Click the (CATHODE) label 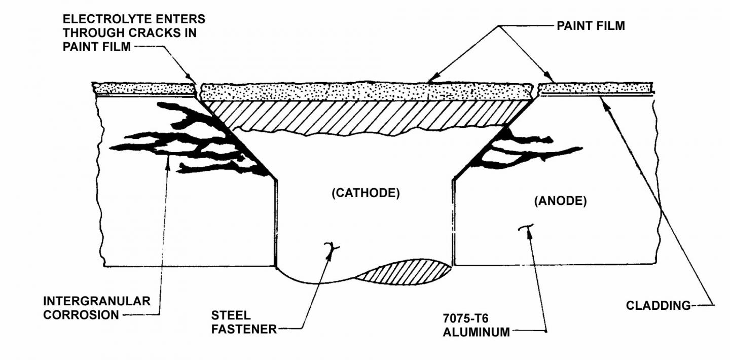pyautogui.click(x=366, y=193)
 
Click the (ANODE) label pyautogui.click(x=560, y=201)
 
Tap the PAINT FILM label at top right pyautogui.click(x=591, y=26)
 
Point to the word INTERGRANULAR pyautogui.click(x=97, y=301)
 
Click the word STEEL pyautogui.click(x=231, y=315)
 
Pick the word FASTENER pyautogui.click(x=244, y=329)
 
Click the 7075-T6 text pyautogui.click(x=465, y=318)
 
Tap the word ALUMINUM pyautogui.click(x=476, y=332)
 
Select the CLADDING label pyautogui.click(x=659, y=306)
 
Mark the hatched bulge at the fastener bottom pyautogui.click(x=404, y=272)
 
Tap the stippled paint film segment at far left pyautogui.click(x=144, y=88)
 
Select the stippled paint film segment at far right pyautogui.click(x=595, y=88)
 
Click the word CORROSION pyautogui.click(x=81, y=315)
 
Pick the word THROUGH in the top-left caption pyautogui.click(x=94, y=33)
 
